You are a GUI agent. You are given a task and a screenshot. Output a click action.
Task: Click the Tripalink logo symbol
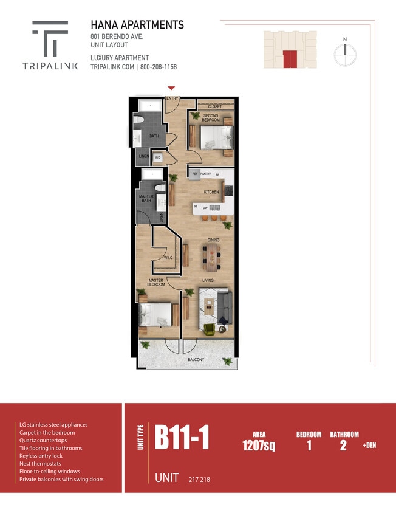tap(50, 38)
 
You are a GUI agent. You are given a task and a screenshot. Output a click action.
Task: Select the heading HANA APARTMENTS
tap(137, 25)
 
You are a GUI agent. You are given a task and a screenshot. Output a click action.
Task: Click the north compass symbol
tap(344, 53)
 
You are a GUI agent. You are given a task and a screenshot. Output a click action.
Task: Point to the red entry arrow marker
tap(172, 89)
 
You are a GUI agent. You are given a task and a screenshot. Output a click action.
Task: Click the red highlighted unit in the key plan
tap(290, 59)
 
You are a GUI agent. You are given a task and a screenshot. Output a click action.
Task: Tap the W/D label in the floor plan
tap(158, 157)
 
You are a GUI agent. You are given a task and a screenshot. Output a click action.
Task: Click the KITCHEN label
tap(211, 192)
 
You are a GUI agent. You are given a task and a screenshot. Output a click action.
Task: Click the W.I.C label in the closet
tap(168, 258)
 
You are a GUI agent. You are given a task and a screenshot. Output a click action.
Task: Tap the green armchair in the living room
tap(209, 329)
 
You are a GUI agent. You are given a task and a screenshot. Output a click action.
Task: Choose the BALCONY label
tap(196, 359)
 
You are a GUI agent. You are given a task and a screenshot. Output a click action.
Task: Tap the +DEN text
tap(369, 446)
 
